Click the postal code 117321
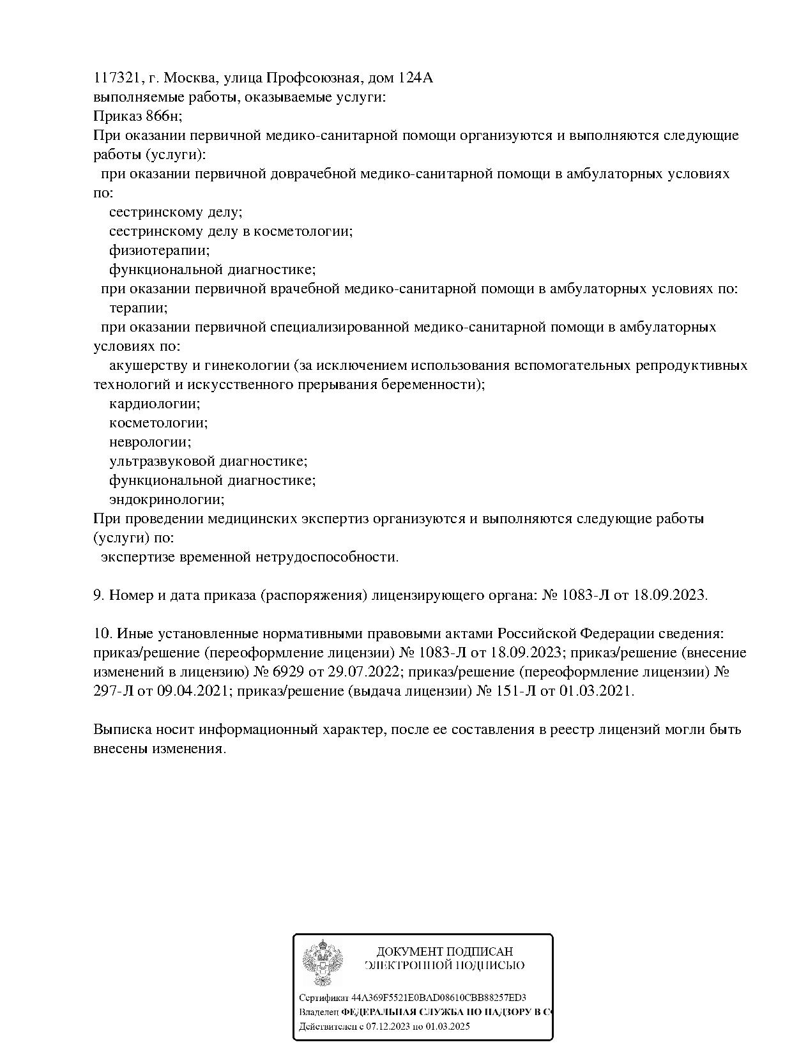117,78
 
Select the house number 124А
415,78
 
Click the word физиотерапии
159,250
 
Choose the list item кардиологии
155,404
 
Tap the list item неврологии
150,442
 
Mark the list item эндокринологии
167,500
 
